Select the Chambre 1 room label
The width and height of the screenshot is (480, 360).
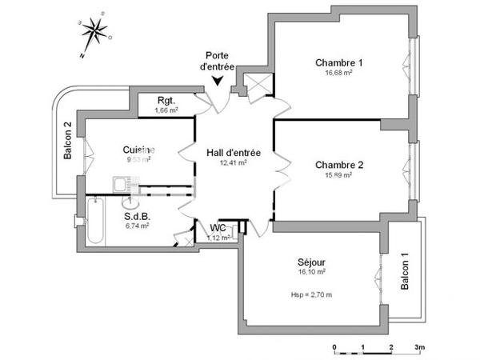pos(339,62)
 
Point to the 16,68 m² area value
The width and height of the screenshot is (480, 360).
pos(339,72)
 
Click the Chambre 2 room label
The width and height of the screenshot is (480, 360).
pos(339,166)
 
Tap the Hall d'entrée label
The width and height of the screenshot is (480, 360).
pos(234,152)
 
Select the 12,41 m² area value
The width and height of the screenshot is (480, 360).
pos(234,162)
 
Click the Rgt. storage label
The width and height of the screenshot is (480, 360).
pos(166,100)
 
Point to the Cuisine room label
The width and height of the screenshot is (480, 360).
pos(138,150)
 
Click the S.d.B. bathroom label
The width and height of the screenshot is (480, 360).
pos(138,216)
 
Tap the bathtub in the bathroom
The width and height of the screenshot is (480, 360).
pos(95,221)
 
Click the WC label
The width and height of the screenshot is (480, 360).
pos(218,227)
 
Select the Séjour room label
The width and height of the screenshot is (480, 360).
pos(312,262)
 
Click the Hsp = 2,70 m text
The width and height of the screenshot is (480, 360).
pos(312,295)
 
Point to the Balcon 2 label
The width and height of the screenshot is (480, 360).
pos(69,140)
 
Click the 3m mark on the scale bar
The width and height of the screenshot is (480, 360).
pos(419,347)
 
